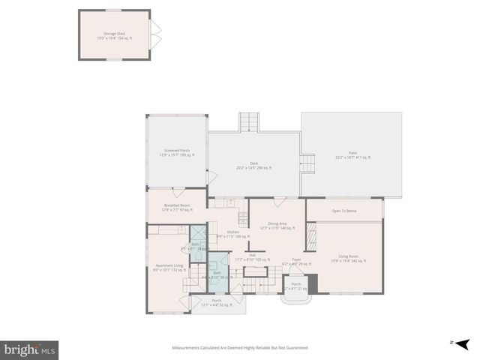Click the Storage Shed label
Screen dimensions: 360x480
(114, 35)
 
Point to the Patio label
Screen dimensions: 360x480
(352, 154)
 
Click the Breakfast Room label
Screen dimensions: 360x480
(175, 207)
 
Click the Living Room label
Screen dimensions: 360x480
(348, 259)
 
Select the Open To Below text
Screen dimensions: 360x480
(344, 211)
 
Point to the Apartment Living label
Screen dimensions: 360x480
(169, 268)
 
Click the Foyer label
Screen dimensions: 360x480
(296, 261)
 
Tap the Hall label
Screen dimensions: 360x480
(253, 256)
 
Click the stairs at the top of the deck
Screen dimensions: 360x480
(249, 122)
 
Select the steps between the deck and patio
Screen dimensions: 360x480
(307, 163)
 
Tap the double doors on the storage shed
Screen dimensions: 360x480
(155, 34)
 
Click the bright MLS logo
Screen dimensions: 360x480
(29, 349)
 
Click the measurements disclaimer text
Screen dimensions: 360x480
(240, 348)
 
